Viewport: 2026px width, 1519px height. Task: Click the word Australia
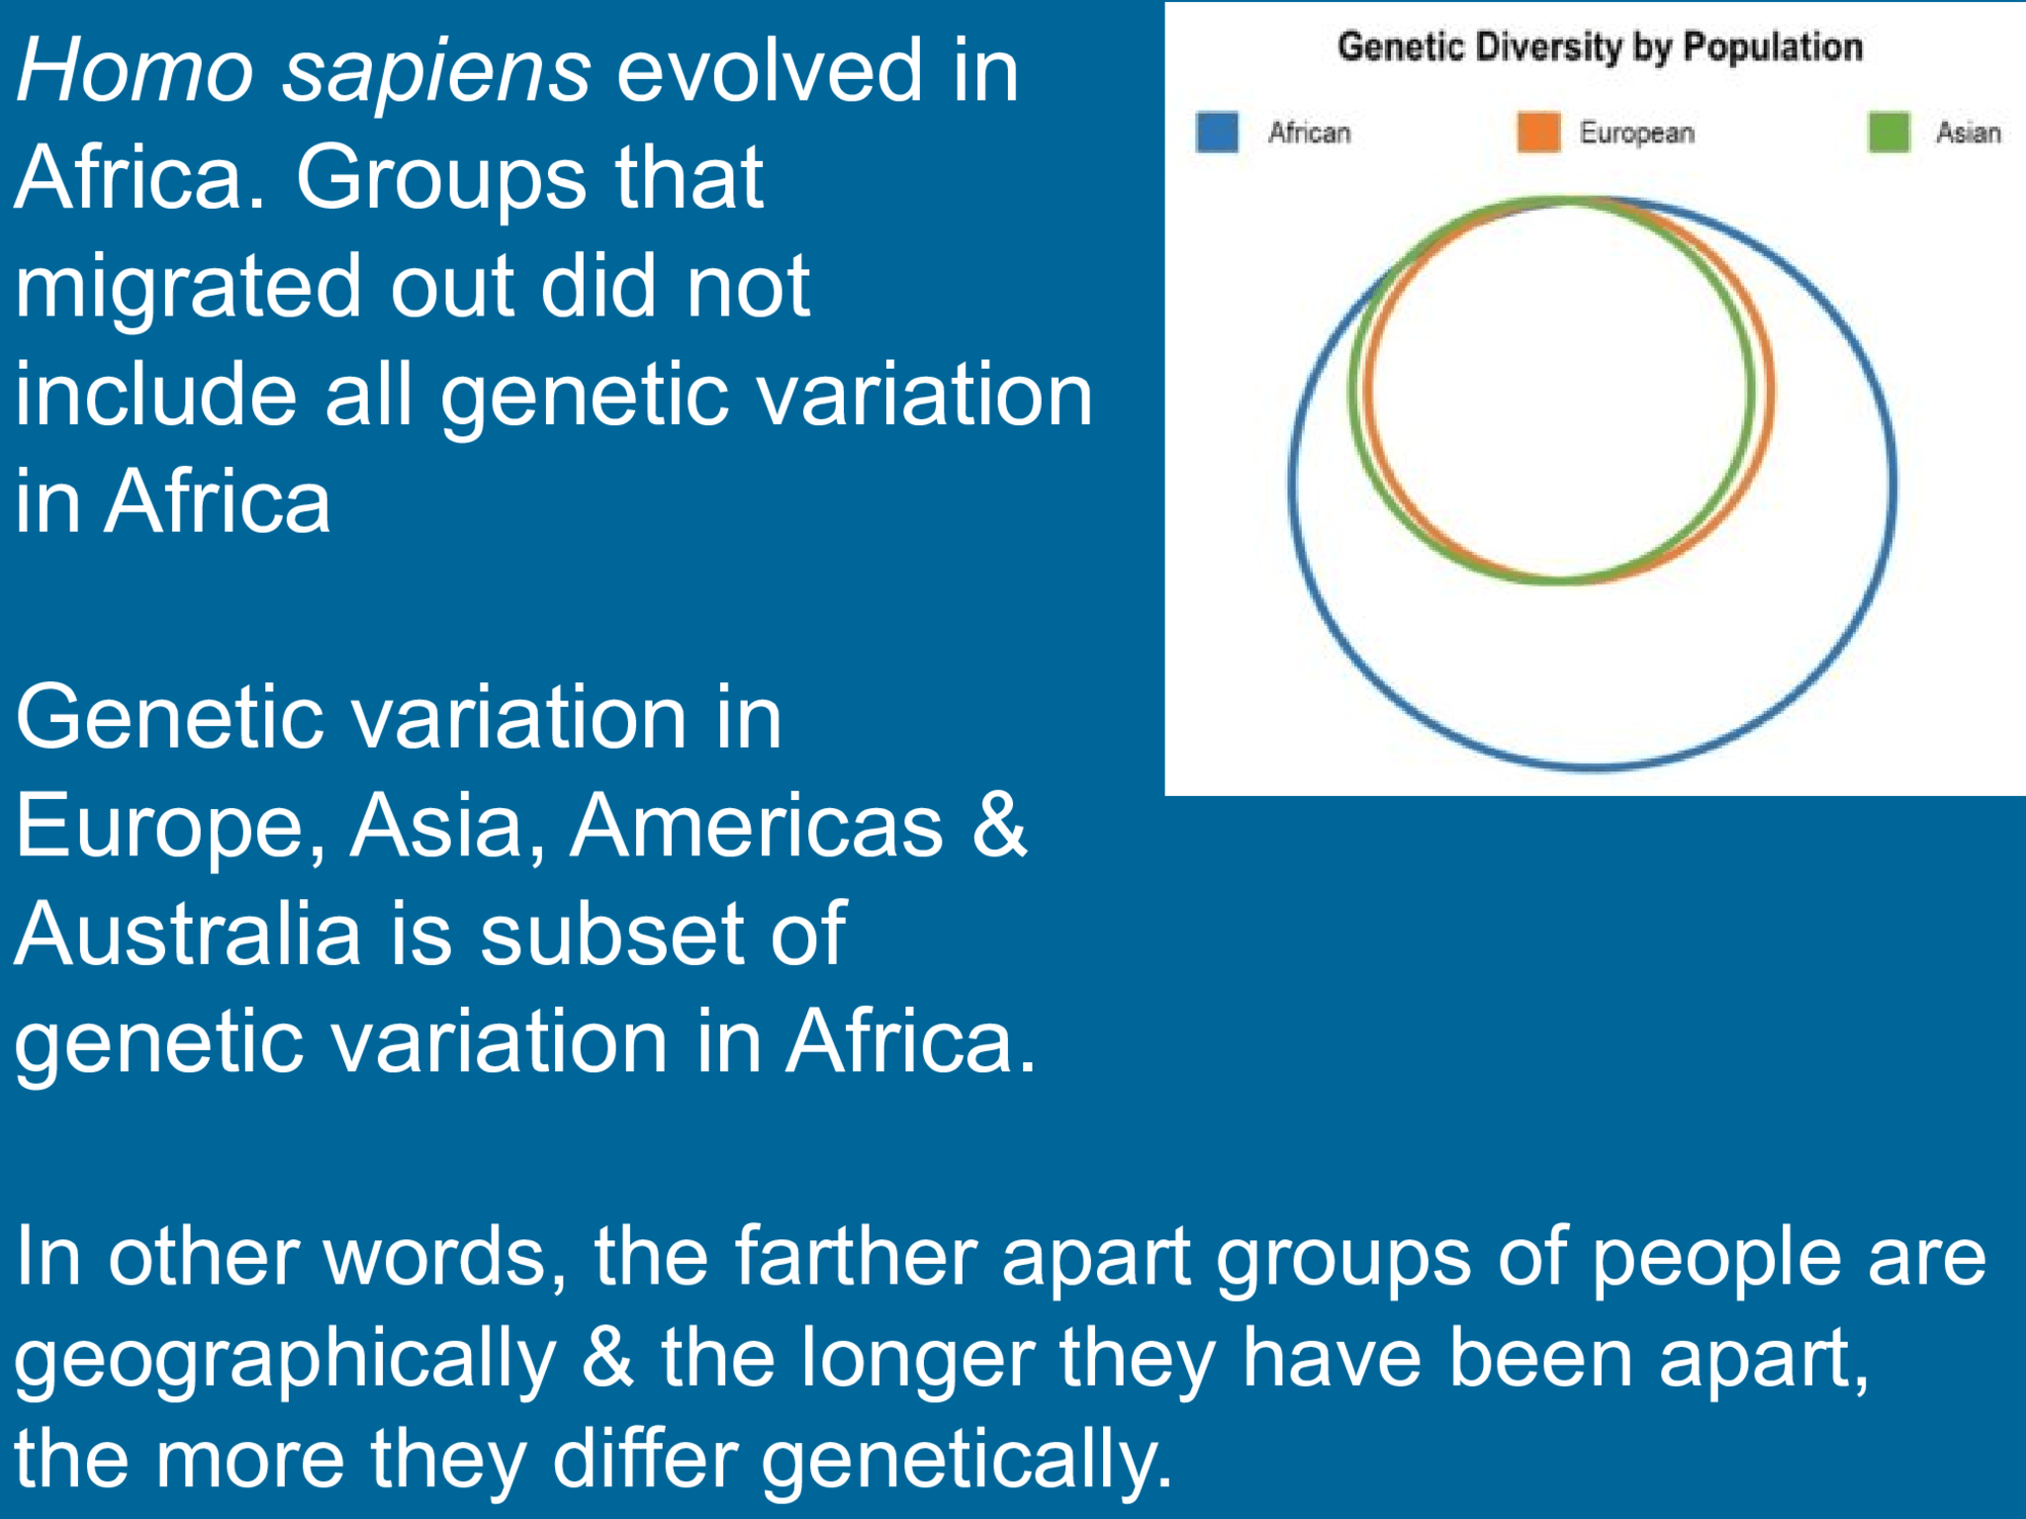coord(188,935)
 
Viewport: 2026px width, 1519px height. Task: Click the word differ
coord(644,1459)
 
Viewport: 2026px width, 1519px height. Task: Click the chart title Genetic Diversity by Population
coord(1600,47)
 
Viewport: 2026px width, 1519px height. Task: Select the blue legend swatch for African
coord(1217,133)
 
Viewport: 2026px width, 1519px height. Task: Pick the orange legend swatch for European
coord(1538,133)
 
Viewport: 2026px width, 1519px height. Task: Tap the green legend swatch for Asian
coord(1888,133)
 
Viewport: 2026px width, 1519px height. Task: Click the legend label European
coord(1636,134)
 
